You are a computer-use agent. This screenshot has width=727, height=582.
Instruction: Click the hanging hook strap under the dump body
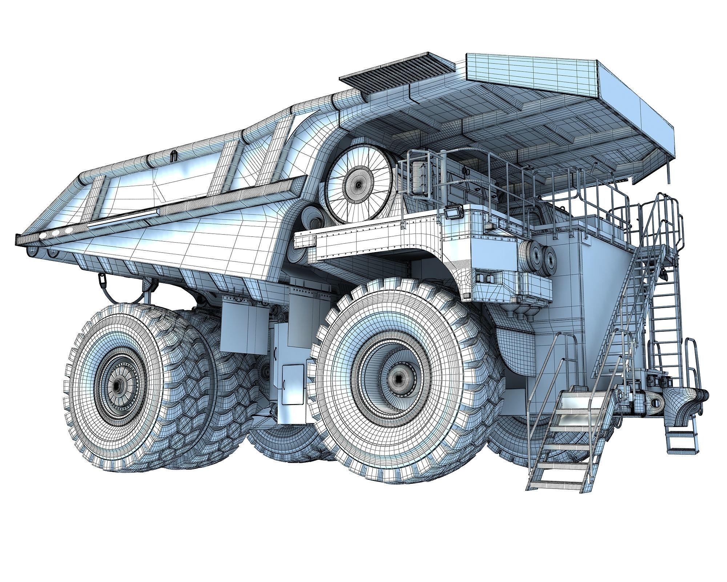103,280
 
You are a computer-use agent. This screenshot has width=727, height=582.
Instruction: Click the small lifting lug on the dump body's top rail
174,156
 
